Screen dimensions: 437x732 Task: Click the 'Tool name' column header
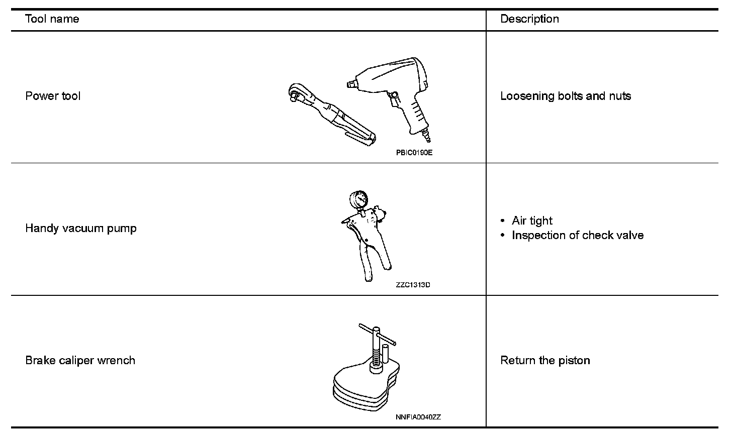(x=52, y=19)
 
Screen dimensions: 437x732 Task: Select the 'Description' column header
(x=529, y=19)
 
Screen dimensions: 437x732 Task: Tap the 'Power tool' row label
(x=53, y=96)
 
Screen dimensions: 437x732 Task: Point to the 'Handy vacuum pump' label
(x=81, y=229)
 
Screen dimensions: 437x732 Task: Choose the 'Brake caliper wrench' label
(x=80, y=361)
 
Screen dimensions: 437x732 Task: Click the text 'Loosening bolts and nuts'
(x=566, y=96)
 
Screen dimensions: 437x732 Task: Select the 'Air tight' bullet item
(x=532, y=221)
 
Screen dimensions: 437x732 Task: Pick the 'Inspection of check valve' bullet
(x=578, y=236)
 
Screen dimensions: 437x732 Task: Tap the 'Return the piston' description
(x=545, y=361)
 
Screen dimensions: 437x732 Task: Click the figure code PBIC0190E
(x=414, y=153)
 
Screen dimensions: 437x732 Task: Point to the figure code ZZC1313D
(x=413, y=285)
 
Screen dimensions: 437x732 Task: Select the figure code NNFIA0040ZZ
(x=418, y=417)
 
